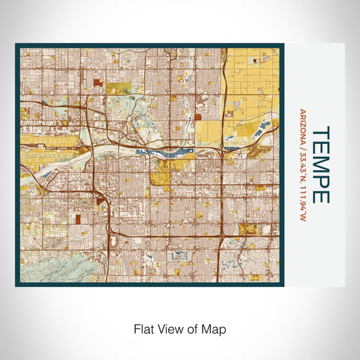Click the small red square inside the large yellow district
pyautogui.click(x=198, y=117)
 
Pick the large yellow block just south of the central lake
pyautogui.click(x=172, y=167)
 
